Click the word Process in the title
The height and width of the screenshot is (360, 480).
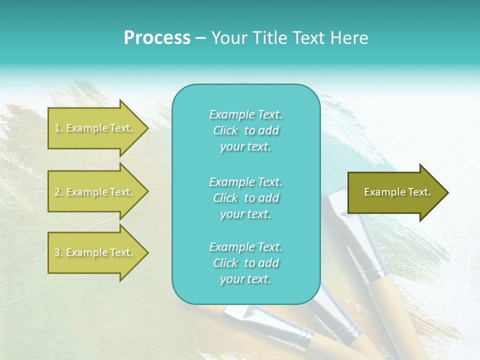157,38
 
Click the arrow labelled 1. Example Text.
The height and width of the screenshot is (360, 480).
95,128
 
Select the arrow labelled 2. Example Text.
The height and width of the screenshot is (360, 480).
95,192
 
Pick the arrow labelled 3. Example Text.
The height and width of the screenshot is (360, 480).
95,252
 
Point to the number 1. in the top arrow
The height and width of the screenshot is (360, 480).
58,128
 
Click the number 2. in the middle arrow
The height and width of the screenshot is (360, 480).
58,192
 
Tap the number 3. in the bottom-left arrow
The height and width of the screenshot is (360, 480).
58,252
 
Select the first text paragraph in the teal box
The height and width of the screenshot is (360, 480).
245,130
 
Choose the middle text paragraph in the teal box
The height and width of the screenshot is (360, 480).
245,197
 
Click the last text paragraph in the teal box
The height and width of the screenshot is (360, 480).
245,263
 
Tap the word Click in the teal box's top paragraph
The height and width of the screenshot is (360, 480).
225,130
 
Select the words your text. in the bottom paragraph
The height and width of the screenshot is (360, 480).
245,279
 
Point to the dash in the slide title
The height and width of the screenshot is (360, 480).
200,38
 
